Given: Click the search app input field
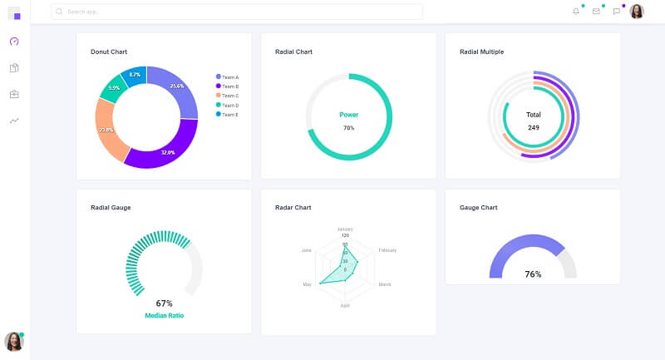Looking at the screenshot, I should (237, 12).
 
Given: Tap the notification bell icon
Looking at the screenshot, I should (576, 12).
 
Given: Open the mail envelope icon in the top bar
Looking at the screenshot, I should (596, 12).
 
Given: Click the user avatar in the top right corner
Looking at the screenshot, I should (637, 12).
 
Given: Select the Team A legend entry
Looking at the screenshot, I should (227, 76).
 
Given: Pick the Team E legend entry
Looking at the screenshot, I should (227, 114).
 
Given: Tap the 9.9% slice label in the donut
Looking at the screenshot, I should (114, 88).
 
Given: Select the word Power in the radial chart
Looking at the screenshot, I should (348, 115).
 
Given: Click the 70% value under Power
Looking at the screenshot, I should (348, 128).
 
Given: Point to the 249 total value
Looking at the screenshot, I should (533, 128).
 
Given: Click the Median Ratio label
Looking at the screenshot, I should (164, 316).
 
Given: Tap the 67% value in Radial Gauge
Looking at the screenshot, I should (164, 303).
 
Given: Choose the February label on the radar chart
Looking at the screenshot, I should (387, 250).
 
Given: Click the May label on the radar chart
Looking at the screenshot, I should (307, 284).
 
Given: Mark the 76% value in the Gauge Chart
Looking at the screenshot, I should (533, 274).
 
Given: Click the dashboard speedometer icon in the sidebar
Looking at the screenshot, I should (14, 41).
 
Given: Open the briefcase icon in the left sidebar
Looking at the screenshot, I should (14, 94).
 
